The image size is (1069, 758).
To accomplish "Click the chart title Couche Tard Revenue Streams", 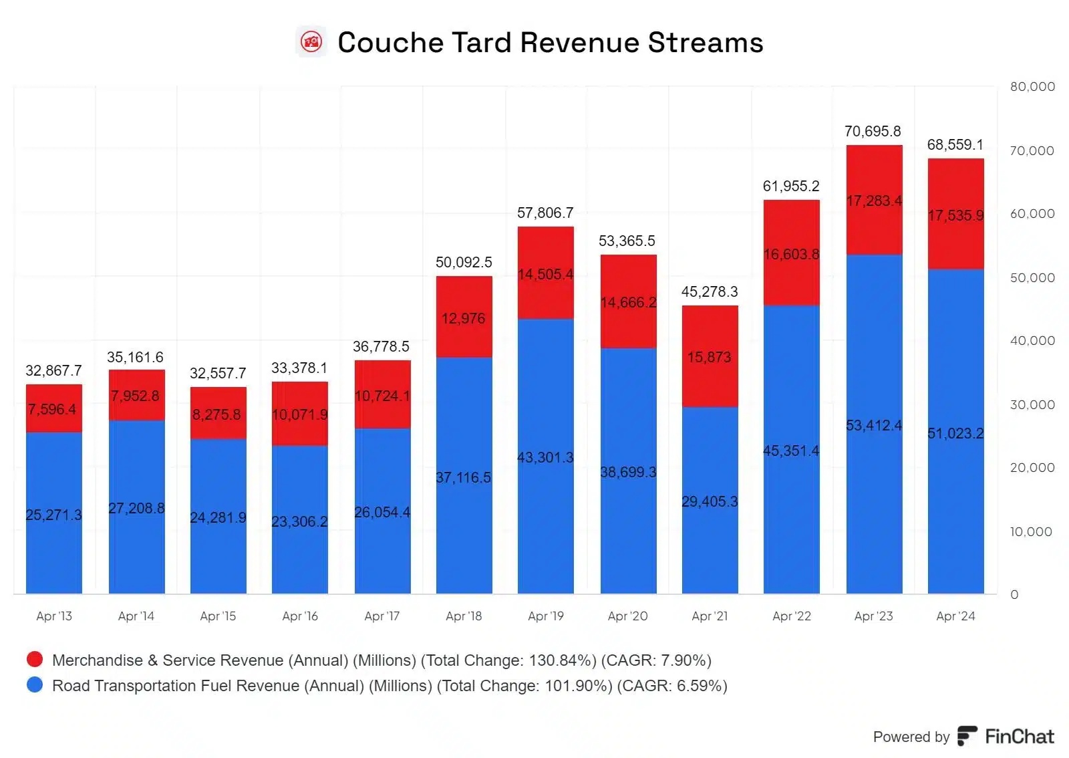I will (550, 43).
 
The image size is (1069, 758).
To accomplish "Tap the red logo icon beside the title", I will (311, 43).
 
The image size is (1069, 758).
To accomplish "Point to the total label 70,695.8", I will (873, 132).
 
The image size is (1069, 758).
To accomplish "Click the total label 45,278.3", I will (710, 292).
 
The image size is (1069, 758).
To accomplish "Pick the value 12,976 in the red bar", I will (463, 319).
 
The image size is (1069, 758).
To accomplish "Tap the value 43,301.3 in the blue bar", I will (545, 458).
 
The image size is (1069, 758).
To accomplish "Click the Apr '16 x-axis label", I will (300, 616).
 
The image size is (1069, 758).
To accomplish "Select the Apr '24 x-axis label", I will (955, 616).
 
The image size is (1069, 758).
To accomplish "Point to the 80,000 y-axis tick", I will (1032, 87).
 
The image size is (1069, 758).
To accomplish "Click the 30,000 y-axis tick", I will (1032, 405).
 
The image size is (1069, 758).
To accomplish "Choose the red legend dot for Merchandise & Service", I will (35, 660).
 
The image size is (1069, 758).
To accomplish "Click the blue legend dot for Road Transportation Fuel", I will (35, 685).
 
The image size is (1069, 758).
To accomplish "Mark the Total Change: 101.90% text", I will (524, 686).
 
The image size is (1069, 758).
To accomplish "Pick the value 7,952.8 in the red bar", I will (136, 396).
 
